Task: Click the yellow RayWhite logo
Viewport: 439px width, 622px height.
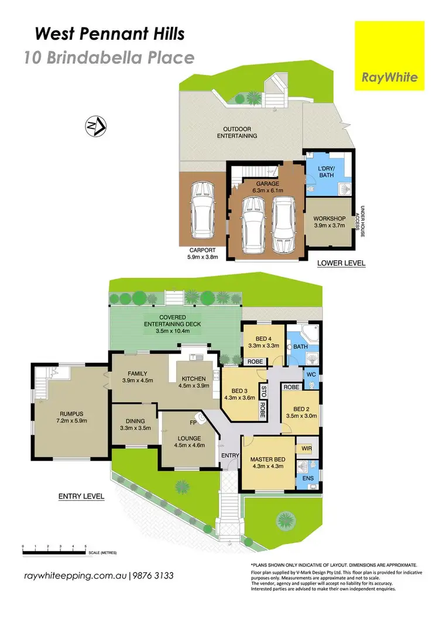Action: click(390, 56)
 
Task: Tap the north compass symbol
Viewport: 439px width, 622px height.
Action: click(95, 125)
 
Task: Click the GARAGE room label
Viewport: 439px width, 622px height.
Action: click(266, 183)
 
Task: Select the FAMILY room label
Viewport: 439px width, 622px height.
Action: click(134, 373)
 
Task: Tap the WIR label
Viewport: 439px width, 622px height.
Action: click(307, 448)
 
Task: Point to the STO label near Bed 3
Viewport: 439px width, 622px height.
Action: click(264, 391)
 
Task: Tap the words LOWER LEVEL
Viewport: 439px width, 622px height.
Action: click(341, 263)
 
